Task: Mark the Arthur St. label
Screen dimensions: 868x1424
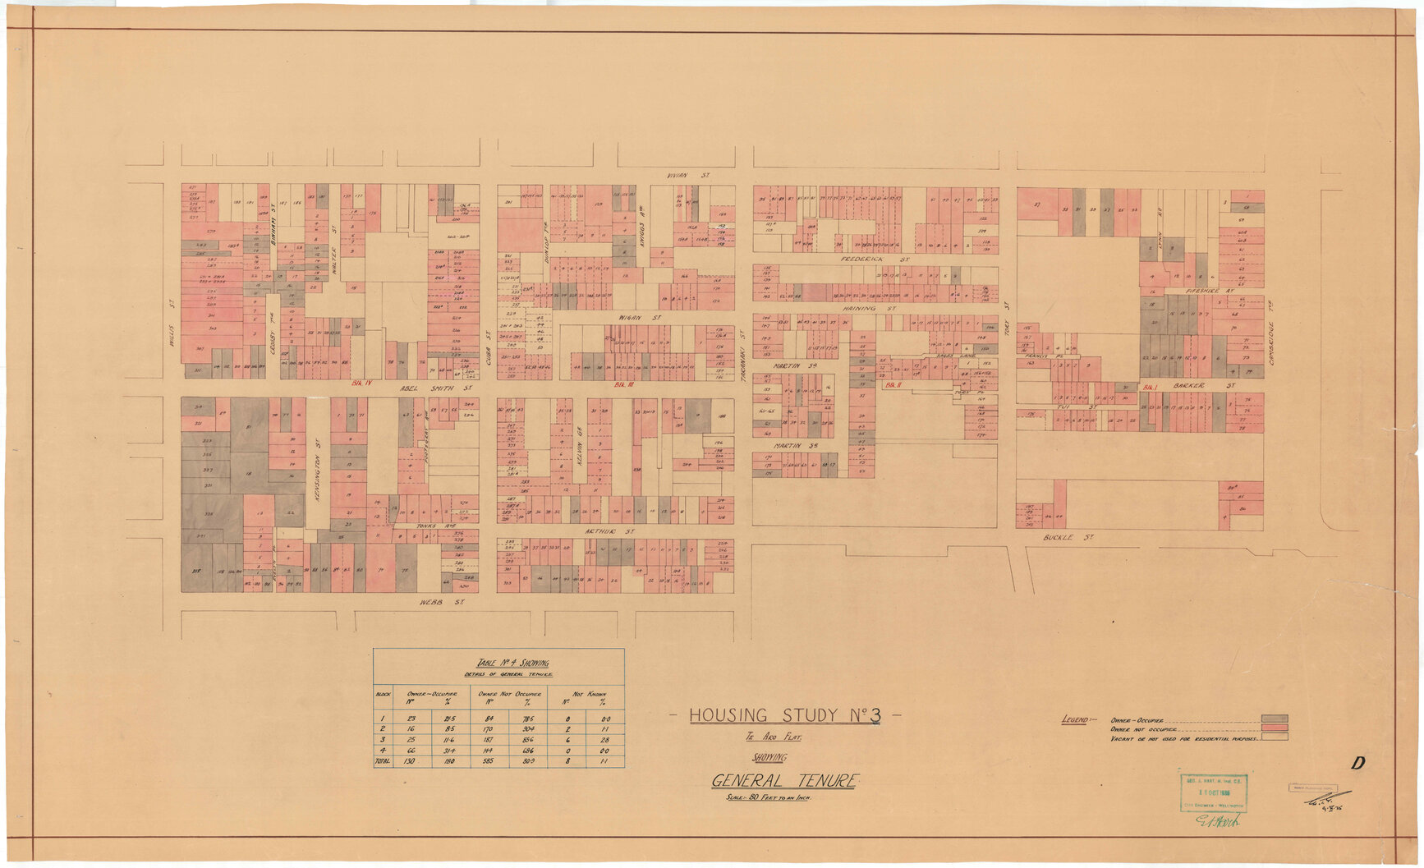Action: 600,531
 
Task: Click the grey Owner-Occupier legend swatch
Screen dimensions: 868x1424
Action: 1275,719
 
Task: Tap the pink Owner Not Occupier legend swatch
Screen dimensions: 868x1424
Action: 1275,728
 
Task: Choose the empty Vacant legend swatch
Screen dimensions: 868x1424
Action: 1275,737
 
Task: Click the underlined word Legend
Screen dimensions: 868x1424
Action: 1073,720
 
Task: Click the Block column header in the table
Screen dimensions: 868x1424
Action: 383,694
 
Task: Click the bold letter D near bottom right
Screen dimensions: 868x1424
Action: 1358,763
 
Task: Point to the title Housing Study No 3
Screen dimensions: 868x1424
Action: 784,715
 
